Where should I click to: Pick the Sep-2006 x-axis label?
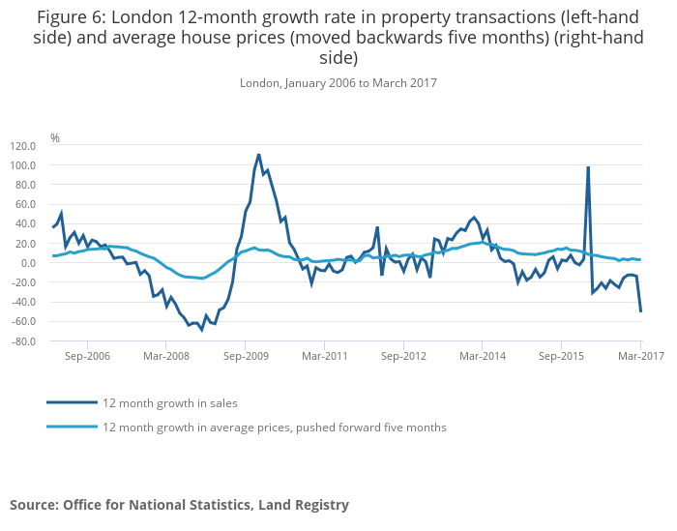[x=87, y=356]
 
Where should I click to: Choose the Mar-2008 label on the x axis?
[x=166, y=356]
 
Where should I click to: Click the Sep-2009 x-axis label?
[x=246, y=356]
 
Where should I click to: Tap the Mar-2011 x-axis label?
[x=325, y=356]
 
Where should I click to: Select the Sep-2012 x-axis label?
[x=403, y=356]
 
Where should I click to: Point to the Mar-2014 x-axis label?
[x=483, y=356]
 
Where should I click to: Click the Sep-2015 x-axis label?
[x=562, y=356]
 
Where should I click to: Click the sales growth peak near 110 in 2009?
[x=258, y=155]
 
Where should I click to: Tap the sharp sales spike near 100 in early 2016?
[x=588, y=167]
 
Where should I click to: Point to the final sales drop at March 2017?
[x=640, y=310]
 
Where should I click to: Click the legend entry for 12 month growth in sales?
[x=169, y=402]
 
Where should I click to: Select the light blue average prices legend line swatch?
[x=72, y=427]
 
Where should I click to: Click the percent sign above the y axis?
[x=55, y=138]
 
